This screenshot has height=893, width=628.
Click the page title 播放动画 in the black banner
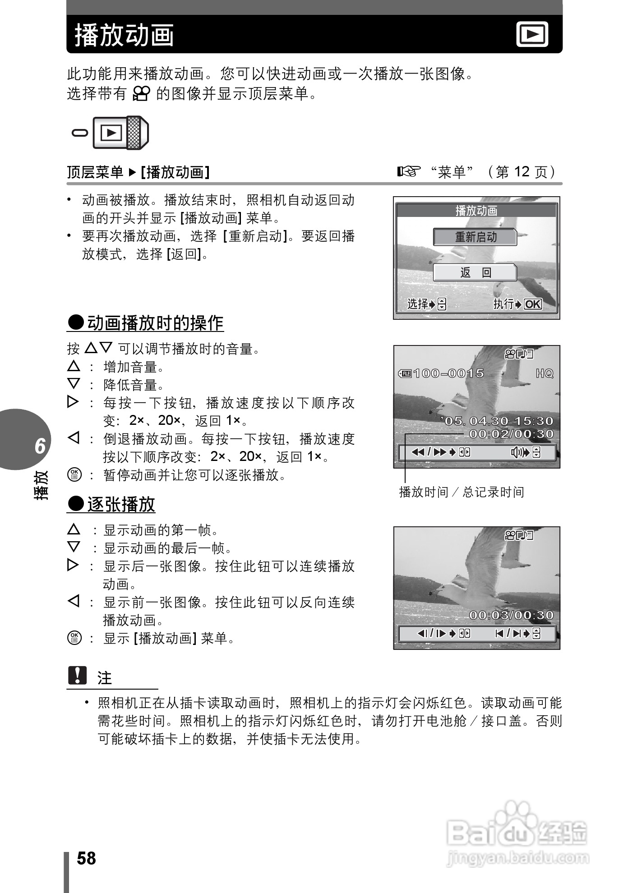(x=124, y=35)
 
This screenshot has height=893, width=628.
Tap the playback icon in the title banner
(x=532, y=34)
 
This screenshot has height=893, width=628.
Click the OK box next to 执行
(x=533, y=304)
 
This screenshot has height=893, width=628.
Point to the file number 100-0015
(x=448, y=373)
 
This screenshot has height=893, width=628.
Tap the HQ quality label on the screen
(x=544, y=373)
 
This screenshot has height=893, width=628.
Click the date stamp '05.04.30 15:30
(x=499, y=421)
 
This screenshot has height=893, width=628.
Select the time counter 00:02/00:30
(x=511, y=434)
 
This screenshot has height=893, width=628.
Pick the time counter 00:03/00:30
(x=511, y=615)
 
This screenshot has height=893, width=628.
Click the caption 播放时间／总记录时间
(x=462, y=492)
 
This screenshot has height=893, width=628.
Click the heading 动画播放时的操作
(x=155, y=323)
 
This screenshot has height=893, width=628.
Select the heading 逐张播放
(x=120, y=504)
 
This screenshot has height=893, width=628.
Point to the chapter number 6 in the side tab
(x=40, y=446)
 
